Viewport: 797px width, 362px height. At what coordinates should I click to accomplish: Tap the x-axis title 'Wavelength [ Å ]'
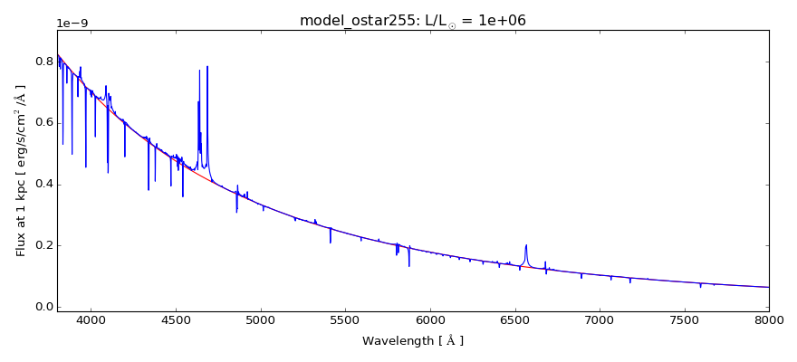point(413,341)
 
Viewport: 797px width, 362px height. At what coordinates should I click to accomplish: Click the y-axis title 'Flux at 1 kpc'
point(21,171)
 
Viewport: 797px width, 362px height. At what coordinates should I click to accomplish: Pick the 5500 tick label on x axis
point(345,319)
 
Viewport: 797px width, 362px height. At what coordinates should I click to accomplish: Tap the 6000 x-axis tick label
point(430,319)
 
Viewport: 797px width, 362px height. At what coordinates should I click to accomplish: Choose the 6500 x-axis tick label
point(514,319)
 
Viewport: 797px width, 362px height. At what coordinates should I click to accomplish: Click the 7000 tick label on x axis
point(600,319)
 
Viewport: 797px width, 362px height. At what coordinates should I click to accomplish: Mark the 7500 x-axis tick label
point(684,319)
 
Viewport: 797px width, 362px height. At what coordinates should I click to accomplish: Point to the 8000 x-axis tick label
point(769,319)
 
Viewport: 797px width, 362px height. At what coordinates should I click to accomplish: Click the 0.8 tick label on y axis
point(42,62)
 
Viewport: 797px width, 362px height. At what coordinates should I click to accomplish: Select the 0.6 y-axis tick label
point(42,123)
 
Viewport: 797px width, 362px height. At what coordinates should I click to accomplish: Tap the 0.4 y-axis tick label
point(42,185)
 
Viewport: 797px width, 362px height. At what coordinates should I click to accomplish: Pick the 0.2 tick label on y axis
point(42,245)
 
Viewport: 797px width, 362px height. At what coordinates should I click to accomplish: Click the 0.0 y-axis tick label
point(42,307)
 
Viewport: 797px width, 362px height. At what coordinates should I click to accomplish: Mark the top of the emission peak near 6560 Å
point(526,244)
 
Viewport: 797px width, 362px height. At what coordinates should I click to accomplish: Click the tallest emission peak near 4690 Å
point(207,66)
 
